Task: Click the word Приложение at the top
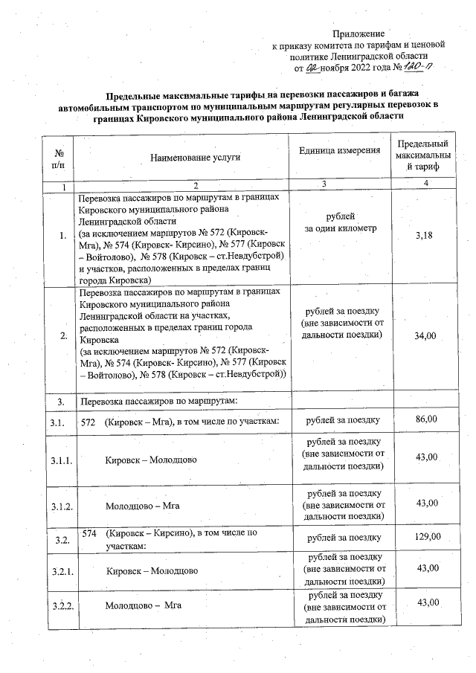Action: tap(358, 34)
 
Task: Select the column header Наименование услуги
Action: tap(196, 158)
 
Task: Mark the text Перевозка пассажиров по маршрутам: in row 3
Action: tap(158, 402)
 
